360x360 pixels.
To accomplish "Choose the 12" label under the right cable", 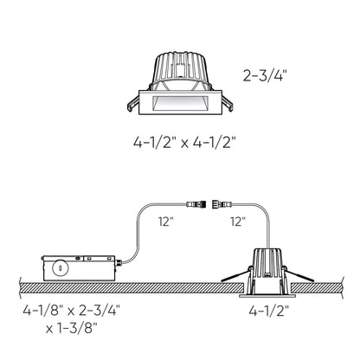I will point(238,222).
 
